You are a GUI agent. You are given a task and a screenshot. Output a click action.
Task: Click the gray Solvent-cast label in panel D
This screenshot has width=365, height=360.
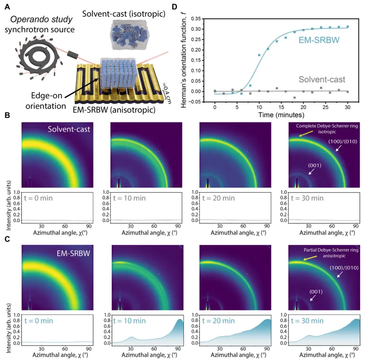tap(323, 79)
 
